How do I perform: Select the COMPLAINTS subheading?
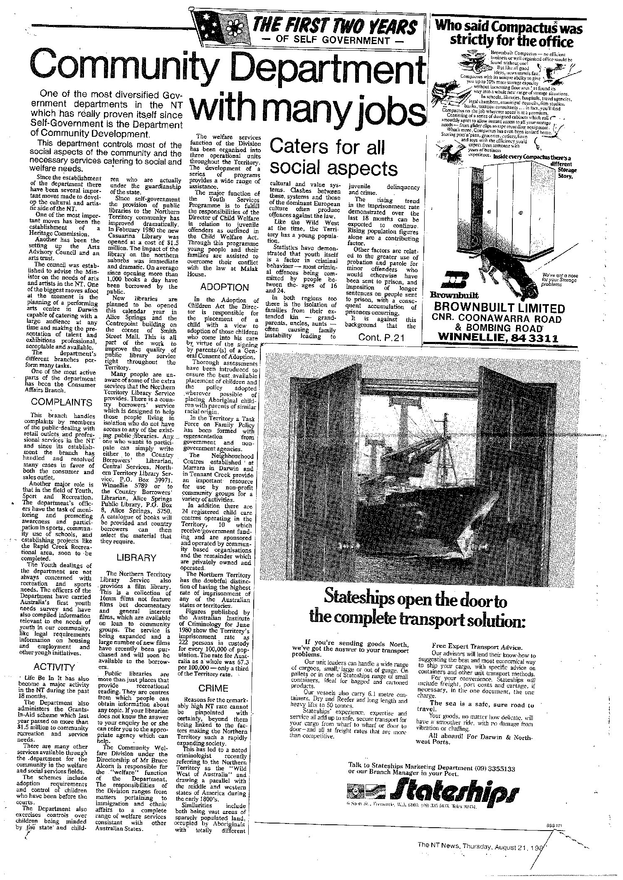62,402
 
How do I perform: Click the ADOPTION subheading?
224,287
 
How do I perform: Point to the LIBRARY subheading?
136,558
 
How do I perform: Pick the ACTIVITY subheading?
54,667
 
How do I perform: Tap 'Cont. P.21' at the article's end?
381,338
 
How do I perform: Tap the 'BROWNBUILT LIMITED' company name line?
499,309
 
